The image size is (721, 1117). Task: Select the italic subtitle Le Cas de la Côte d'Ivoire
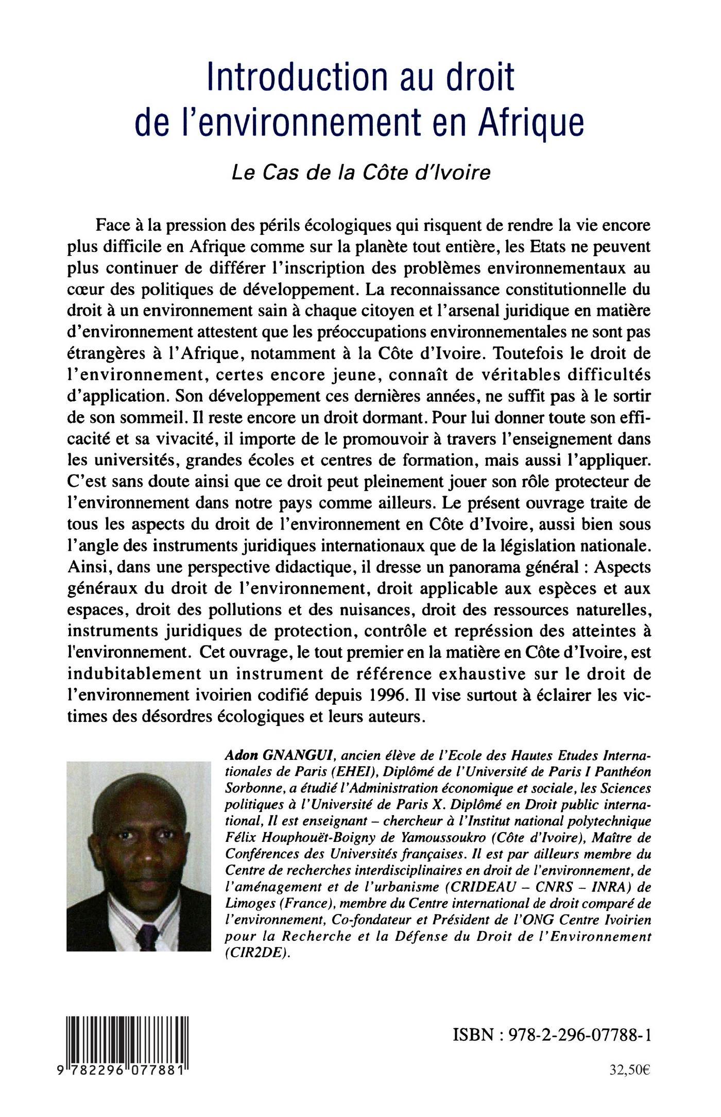(x=360, y=173)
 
